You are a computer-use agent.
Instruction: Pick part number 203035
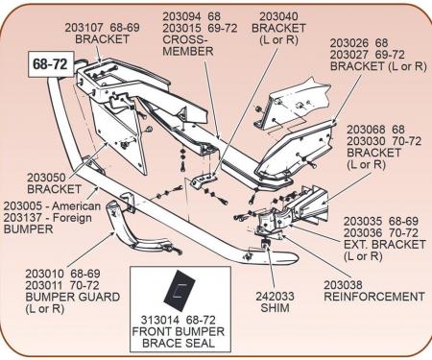pos(365,220)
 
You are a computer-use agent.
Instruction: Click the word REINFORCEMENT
pos(371,298)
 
